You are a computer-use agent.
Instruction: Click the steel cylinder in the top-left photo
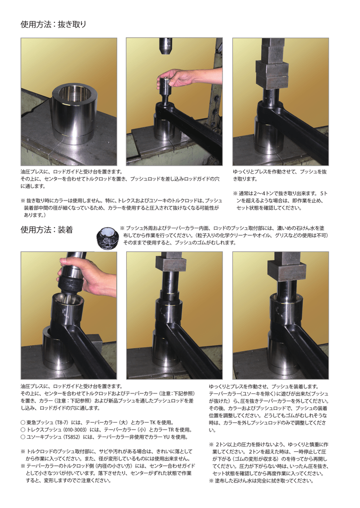[x=73, y=114]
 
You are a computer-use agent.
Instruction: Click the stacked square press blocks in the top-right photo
[x=272, y=67]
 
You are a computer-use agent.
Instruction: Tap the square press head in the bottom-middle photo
[x=170, y=262]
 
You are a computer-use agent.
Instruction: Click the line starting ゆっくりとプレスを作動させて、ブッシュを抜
[x=280, y=171]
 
